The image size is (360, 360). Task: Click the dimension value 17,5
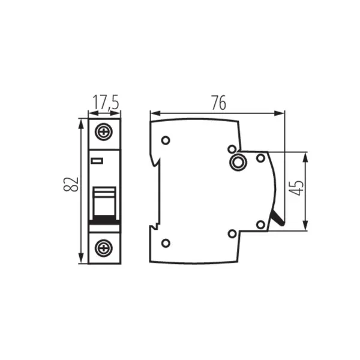click(x=104, y=103)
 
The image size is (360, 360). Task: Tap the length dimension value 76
click(x=218, y=103)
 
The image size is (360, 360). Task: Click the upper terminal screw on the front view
click(x=104, y=131)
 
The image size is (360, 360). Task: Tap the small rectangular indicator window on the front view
click(x=97, y=160)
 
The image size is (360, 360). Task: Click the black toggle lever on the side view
click(x=278, y=219)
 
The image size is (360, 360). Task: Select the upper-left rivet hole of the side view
click(x=166, y=140)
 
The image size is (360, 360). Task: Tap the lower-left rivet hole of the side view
click(x=166, y=242)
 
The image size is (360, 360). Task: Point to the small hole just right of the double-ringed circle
click(x=260, y=158)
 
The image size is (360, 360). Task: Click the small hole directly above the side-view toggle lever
click(x=260, y=224)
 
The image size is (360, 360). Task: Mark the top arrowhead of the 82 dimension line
click(x=81, y=122)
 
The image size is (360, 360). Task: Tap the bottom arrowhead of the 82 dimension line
click(x=81, y=260)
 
